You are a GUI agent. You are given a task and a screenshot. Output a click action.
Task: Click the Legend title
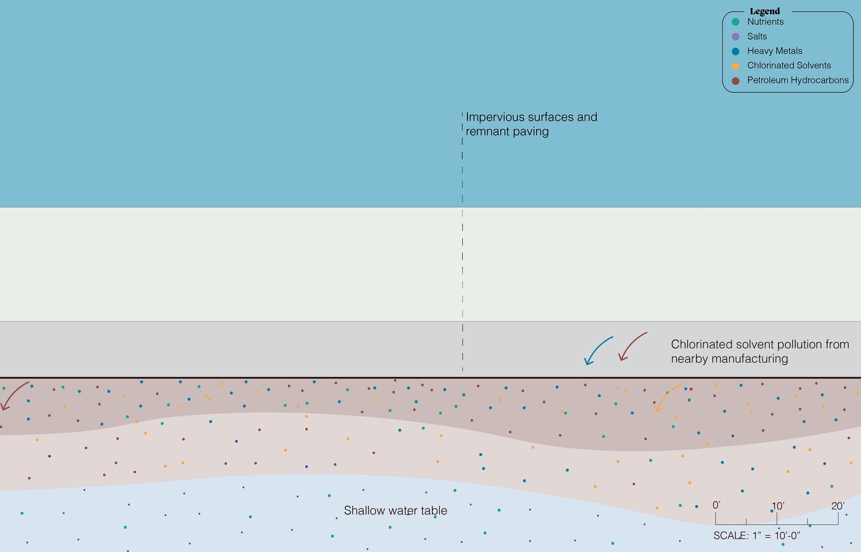(x=764, y=11)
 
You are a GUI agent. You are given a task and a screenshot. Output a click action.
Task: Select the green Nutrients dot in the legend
(x=735, y=22)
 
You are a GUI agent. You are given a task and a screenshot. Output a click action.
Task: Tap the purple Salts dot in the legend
(x=735, y=37)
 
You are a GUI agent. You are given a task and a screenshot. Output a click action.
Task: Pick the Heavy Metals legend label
(x=774, y=51)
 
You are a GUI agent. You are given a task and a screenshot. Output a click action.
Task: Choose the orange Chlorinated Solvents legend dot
(x=735, y=66)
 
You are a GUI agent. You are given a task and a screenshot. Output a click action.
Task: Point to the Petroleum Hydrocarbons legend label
(x=798, y=80)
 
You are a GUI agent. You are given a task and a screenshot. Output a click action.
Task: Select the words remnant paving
(x=507, y=132)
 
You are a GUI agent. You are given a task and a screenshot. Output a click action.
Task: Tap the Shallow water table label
(x=395, y=511)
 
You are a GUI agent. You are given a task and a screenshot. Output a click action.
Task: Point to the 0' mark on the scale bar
(x=716, y=506)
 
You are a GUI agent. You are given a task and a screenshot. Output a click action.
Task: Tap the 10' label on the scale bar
(x=777, y=506)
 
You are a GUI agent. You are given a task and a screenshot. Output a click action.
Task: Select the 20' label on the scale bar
(x=838, y=506)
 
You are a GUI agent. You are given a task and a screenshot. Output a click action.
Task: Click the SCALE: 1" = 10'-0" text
(x=756, y=536)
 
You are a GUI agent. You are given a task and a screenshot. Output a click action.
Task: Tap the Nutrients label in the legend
(x=765, y=22)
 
